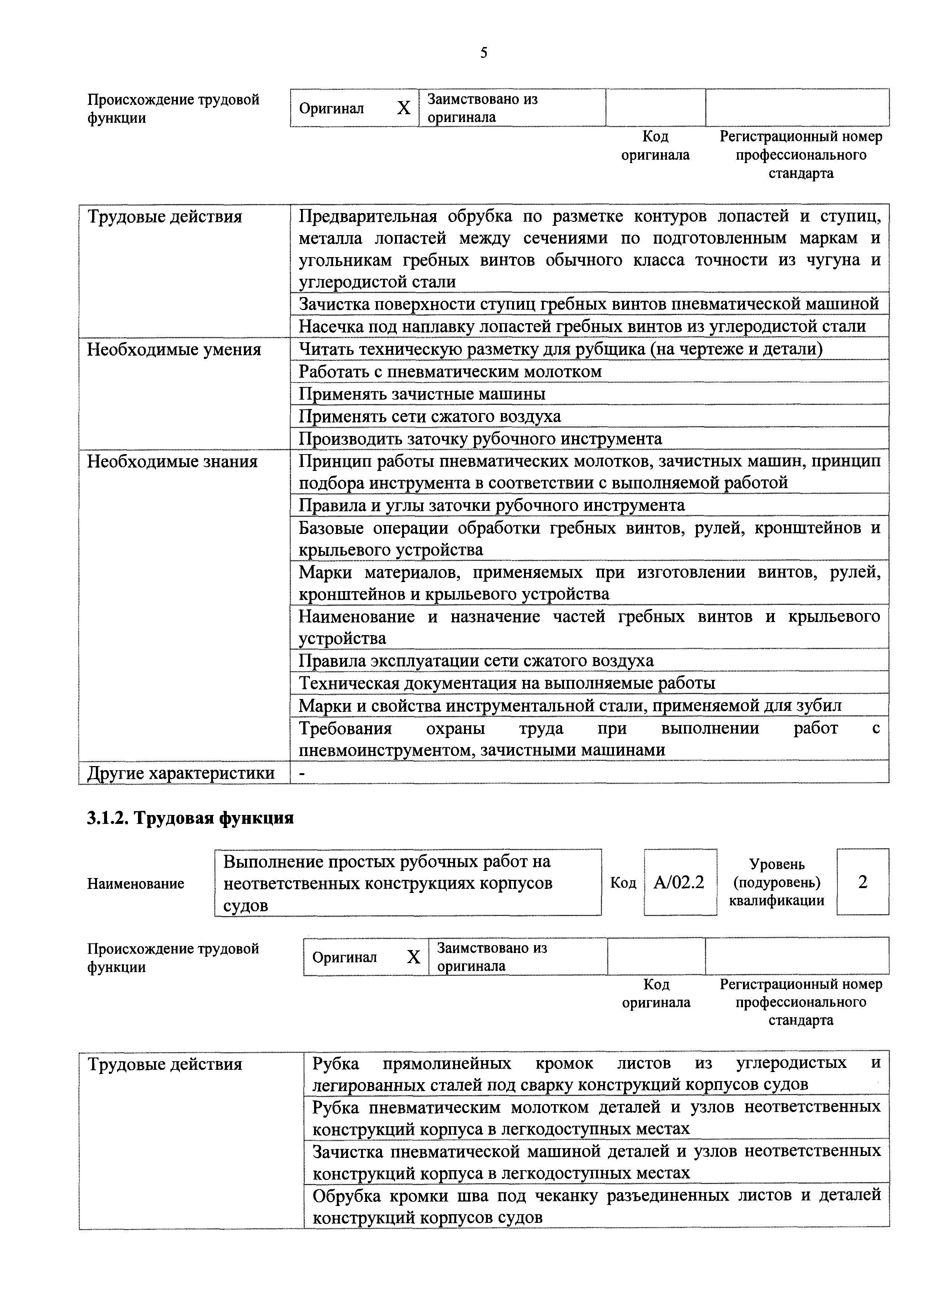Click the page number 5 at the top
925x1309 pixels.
point(483,53)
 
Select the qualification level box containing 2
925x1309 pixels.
point(862,882)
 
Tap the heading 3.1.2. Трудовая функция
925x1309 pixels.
point(190,818)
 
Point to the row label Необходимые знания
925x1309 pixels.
point(172,461)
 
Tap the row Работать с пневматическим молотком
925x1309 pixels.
point(450,372)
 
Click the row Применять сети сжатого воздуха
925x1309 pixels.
point(430,416)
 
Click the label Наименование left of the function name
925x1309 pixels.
point(136,884)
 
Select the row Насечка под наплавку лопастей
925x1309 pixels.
point(582,327)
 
